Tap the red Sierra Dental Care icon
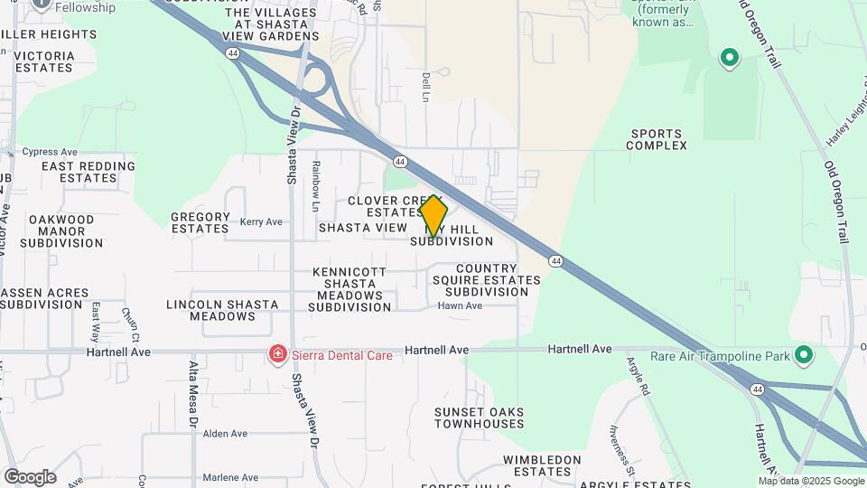pyautogui.click(x=277, y=355)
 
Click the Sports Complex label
pyautogui.click(x=657, y=139)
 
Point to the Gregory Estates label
pyautogui.click(x=200, y=222)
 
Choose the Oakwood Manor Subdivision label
pyautogui.click(x=61, y=231)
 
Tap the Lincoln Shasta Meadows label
pyautogui.click(x=222, y=310)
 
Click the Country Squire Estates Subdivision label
pyautogui.click(x=499, y=280)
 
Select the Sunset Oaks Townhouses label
pyautogui.click(x=479, y=418)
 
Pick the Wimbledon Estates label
pyautogui.click(x=543, y=465)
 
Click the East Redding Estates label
pyautogui.click(x=88, y=172)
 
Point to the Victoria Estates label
pyautogui.click(x=44, y=61)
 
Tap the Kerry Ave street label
pyautogui.click(x=261, y=221)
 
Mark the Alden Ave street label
pyautogui.click(x=225, y=434)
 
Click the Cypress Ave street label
pyautogui.click(x=50, y=152)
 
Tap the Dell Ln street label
pyautogui.click(x=425, y=88)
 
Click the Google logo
pyautogui.click(x=30, y=476)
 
